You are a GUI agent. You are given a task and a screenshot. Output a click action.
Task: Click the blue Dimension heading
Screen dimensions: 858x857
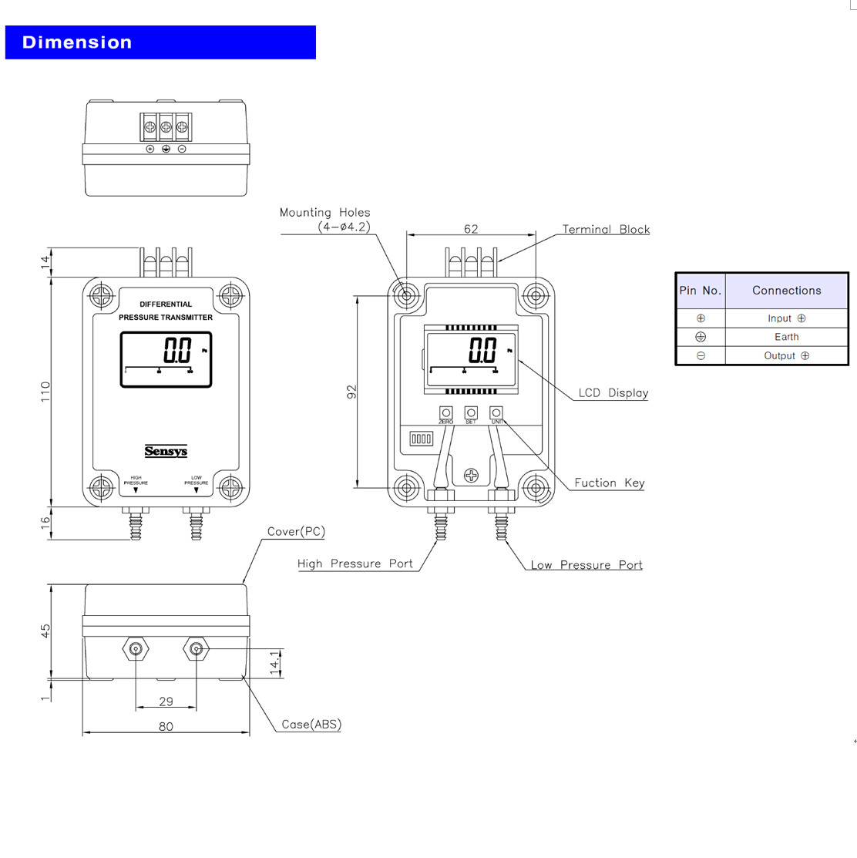(77, 42)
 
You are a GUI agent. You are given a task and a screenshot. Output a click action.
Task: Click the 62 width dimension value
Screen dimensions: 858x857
(471, 229)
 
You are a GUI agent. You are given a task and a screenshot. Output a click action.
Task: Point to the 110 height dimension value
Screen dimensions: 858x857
(45, 391)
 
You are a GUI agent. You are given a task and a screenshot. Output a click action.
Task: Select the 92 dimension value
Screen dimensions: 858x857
(352, 392)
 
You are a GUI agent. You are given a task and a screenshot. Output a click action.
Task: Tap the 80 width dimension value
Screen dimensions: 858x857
(166, 726)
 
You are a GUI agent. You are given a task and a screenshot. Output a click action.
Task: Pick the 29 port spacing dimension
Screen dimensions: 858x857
(166, 702)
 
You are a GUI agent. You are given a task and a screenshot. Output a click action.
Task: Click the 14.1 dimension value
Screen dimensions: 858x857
(275, 663)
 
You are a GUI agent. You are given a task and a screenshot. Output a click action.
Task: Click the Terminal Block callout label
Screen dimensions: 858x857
(606, 230)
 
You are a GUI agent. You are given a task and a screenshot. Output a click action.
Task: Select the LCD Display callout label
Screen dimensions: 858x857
(613, 393)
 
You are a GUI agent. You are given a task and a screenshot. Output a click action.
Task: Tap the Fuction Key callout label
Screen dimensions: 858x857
(609, 483)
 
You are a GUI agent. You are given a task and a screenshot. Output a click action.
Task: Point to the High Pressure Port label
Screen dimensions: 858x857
(355, 564)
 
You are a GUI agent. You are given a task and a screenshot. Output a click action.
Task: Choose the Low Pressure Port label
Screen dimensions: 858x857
(586, 565)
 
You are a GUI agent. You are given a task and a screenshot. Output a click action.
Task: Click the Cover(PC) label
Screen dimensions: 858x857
(296, 532)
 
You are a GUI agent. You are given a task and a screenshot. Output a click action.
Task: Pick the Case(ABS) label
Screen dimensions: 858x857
(311, 725)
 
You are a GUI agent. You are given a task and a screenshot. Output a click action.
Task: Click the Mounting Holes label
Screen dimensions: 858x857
(324, 213)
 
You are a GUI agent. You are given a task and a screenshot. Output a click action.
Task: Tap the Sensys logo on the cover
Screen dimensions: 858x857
(166, 451)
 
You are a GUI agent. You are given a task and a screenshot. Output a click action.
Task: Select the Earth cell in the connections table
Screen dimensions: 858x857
(786, 337)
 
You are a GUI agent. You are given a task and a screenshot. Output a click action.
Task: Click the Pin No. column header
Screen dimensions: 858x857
(700, 291)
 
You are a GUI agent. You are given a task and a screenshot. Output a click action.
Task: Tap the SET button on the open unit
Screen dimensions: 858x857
(471, 413)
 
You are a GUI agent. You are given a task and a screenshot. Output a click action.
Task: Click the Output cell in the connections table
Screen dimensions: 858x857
(786, 355)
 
